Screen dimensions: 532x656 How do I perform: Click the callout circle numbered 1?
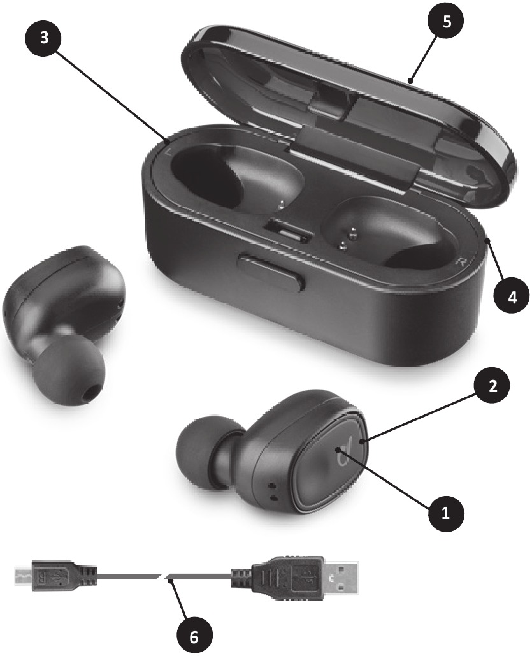tap(446, 513)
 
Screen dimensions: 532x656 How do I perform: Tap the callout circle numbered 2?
tap(492, 386)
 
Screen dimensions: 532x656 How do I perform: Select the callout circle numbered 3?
tap(43, 37)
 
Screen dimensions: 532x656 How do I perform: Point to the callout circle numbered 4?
tap(512, 298)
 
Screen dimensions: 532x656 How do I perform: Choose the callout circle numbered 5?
tap(447, 21)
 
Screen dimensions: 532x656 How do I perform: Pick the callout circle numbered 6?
tap(193, 636)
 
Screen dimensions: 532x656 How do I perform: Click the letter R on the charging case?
tap(461, 262)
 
